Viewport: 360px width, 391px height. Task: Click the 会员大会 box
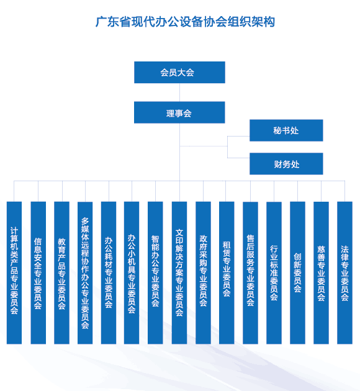pos(179,73)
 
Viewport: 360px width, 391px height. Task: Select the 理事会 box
pos(179,112)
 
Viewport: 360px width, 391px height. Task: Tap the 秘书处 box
pos(286,130)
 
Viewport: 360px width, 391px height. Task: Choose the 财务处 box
pos(286,164)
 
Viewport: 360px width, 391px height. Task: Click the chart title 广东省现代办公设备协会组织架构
pos(185,22)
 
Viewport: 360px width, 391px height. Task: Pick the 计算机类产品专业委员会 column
pos(14,273)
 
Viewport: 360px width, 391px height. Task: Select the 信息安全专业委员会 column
pos(38,273)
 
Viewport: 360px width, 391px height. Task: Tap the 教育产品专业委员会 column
pos(61,273)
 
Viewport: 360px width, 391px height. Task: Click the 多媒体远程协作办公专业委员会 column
pos(85,273)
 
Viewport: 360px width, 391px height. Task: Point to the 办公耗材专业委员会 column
pos(109,273)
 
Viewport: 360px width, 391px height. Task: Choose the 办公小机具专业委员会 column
pos(132,273)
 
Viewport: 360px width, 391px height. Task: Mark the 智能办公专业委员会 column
pos(155,273)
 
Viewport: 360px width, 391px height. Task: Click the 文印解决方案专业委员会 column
pos(179,273)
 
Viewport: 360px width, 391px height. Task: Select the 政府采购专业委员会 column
pos(203,273)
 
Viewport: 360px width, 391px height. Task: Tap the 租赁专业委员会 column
pos(227,273)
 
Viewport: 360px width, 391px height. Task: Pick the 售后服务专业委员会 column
pos(250,273)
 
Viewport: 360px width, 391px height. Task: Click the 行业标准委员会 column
pos(274,273)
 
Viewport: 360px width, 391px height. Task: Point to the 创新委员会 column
pos(297,273)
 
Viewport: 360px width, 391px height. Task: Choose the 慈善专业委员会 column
pos(321,273)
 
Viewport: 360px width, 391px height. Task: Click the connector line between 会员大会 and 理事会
pos(180,92)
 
